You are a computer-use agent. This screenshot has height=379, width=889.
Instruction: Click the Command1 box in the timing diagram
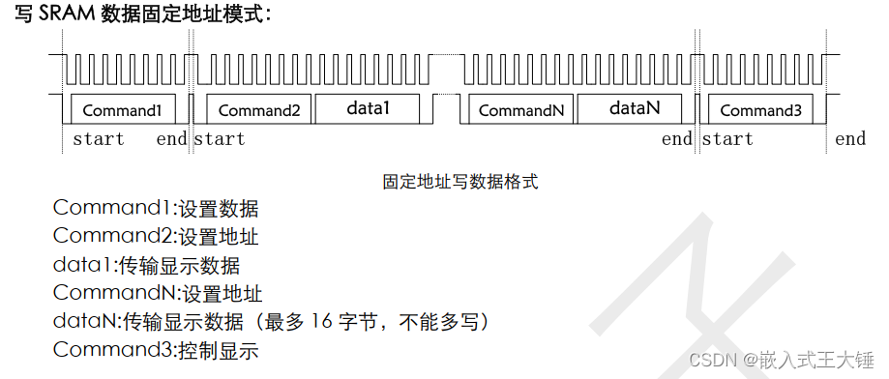pyautogui.click(x=121, y=109)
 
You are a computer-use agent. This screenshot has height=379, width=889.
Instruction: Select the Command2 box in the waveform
pyautogui.click(x=259, y=109)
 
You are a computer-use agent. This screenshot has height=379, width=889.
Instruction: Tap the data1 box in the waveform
pyautogui.click(x=368, y=108)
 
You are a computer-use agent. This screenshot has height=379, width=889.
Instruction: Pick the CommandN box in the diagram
pyautogui.click(x=520, y=109)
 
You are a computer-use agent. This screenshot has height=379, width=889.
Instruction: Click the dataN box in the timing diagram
pyautogui.click(x=634, y=108)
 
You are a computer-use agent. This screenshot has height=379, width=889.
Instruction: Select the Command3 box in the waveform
pyautogui.click(x=760, y=109)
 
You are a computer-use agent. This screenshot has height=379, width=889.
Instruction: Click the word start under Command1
pyautogui.click(x=99, y=139)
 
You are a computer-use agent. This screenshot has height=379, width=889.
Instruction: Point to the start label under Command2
pyautogui.click(x=220, y=139)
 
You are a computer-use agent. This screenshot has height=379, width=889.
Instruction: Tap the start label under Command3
pyautogui.click(x=727, y=139)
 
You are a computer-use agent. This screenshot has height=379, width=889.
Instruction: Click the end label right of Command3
pyautogui.click(x=850, y=139)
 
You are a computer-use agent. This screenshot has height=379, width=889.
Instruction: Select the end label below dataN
pyautogui.click(x=677, y=139)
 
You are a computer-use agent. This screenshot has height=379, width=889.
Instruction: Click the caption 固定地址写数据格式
pyautogui.click(x=459, y=181)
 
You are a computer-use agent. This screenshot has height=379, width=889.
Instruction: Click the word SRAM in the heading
pyautogui.click(x=68, y=15)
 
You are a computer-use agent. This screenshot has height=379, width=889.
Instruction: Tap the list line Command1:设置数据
pyautogui.click(x=156, y=208)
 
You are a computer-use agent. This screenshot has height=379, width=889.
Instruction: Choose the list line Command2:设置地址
pyautogui.click(x=156, y=236)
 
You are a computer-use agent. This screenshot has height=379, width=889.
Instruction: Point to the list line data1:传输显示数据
pyautogui.click(x=146, y=265)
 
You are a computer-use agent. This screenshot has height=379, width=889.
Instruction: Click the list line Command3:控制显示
pyautogui.click(x=156, y=350)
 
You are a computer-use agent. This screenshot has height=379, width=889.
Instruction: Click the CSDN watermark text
pyautogui.click(x=713, y=360)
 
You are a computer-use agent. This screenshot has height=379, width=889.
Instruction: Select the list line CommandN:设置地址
pyautogui.click(x=158, y=293)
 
